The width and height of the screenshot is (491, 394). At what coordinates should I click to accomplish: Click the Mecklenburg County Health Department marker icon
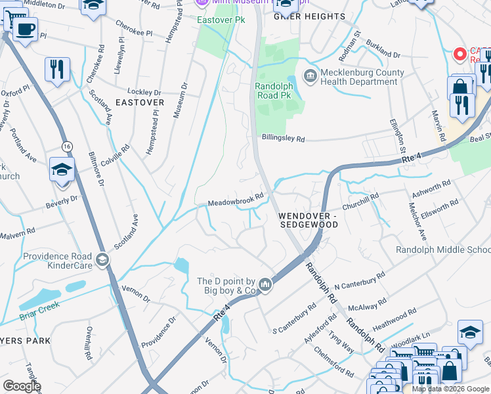pyautogui.click(x=310, y=77)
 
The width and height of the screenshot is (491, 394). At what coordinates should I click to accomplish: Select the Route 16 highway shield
pyautogui.click(x=67, y=146)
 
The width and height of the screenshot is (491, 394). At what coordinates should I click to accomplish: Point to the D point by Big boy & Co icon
pyautogui.click(x=265, y=284)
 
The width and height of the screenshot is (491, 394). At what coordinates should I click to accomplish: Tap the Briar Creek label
pyautogui.click(x=39, y=306)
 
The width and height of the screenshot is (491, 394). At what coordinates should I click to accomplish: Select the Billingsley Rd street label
pyautogui.click(x=284, y=139)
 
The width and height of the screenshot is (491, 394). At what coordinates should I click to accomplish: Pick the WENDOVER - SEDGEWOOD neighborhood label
pyautogui.click(x=308, y=220)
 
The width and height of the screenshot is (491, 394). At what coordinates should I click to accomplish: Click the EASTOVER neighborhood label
pyautogui.click(x=139, y=102)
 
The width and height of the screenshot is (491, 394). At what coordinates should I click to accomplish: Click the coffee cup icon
pyautogui.click(x=25, y=30)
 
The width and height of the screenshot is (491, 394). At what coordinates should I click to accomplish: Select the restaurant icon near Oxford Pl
pyautogui.click(x=57, y=69)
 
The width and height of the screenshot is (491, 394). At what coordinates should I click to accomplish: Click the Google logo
pyautogui.click(x=22, y=386)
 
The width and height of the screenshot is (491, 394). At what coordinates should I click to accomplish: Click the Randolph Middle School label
pyautogui.click(x=443, y=250)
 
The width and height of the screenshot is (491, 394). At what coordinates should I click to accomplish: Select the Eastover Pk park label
pyautogui.click(x=216, y=20)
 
